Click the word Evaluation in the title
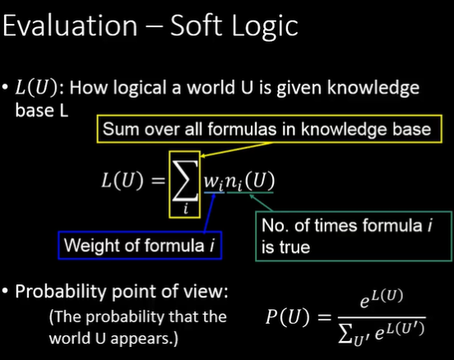point(70,25)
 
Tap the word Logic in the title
point(265,27)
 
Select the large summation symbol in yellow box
point(185,181)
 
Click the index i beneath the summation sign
point(186,209)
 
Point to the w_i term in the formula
point(214,182)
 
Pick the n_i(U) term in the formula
point(250,182)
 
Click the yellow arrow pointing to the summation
point(237,150)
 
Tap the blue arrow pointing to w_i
point(210,213)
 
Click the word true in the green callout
point(294,247)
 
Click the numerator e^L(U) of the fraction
point(382,298)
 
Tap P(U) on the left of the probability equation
point(288,316)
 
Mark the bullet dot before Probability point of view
point(5,291)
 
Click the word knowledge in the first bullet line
point(373,88)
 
